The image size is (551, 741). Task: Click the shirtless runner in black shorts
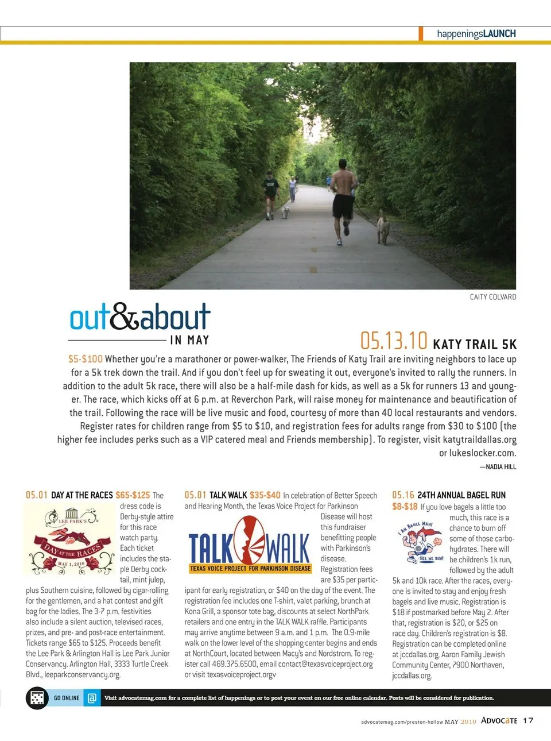click(x=343, y=198)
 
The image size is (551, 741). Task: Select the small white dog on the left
click(x=285, y=212)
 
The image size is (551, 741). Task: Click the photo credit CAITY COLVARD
click(x=492, y=297)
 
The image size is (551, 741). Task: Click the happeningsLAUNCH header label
click(x=476, y=34)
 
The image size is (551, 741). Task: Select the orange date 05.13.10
click(x=394, y=341)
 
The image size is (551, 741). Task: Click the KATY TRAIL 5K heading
click(x=475, y=345)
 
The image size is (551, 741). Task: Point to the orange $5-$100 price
click(x=86, y=359)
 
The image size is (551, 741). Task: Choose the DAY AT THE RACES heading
click(x=82, y=495)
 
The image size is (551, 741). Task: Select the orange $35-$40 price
click(x=265, y=495)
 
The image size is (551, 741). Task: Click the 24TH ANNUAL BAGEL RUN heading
click(x=461, y=495)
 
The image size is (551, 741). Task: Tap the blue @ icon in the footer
click(x=92, y=698)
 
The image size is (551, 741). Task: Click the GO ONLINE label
click(x=67, y=698)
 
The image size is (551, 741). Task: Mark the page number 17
click(x=528, y=720)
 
